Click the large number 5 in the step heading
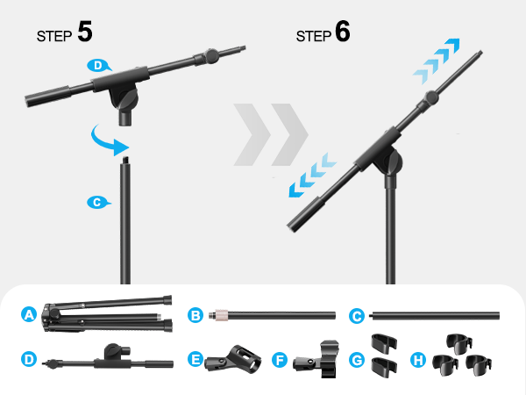click(x=84, y=32)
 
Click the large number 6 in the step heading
click(x=343, y=32)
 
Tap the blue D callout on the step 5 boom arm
click(x=99, y=65)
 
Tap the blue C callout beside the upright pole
click(x=96, y=202)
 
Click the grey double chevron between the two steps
click(x=269, y=135)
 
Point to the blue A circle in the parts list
click(x=29, y=313)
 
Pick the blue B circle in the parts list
click(x=195, y=313)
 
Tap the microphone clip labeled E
click(x=233, y=360)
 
